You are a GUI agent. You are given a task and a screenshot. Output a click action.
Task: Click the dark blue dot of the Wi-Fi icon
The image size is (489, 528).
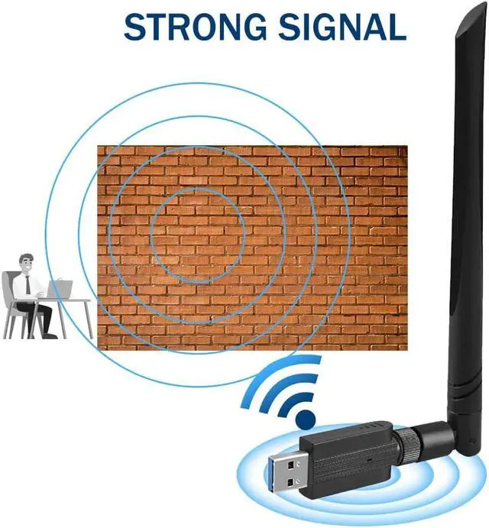[x=306, y=418]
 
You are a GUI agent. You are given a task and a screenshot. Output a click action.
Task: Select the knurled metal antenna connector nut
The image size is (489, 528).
[x=403, y=445]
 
